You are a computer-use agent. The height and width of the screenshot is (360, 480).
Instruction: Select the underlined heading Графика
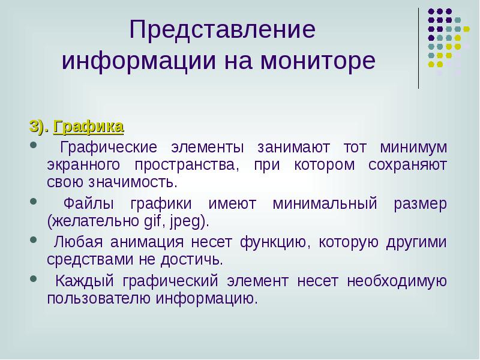[x=89, y=127]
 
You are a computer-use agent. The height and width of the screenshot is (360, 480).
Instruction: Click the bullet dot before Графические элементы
[x=32, y=146]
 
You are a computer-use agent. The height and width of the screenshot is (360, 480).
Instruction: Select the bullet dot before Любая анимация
[x=32, y=241]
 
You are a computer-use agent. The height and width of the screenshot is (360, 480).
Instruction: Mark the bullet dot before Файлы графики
[x=32, y=203]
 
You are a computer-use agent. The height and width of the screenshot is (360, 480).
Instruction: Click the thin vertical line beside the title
[x=418, y=48]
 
